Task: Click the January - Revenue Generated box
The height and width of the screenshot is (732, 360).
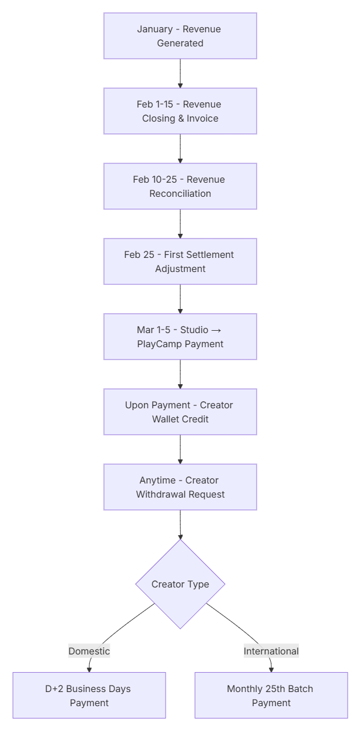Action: click(x=180, y=36)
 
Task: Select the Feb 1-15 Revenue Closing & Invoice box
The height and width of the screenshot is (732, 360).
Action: click(x=180, y=111)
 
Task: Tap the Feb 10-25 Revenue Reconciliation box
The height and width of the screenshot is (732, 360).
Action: click(x=180, y=186)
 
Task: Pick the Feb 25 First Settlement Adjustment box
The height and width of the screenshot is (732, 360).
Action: click(x=180, y=261)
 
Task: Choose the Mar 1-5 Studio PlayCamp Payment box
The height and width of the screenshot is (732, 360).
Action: click(x=180, y=337)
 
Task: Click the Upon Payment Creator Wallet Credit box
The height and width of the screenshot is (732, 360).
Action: click(x=180, y=412)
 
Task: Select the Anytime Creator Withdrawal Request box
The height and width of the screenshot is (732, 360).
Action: click(x=180, y=487)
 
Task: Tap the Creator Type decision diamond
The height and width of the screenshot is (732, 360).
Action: click(x=180, y=584)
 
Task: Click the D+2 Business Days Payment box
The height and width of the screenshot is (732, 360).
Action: click(x=89, y=696)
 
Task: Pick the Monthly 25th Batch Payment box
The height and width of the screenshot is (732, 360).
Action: click(x=271, y=696)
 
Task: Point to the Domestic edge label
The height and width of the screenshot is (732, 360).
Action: click(x=89, y=651)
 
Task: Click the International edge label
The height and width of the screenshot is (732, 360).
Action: click(x=271, y=651)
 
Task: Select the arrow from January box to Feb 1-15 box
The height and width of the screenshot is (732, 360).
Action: click(x=180, y=73)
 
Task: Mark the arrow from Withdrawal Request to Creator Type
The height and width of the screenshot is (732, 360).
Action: click(x=180, y=525)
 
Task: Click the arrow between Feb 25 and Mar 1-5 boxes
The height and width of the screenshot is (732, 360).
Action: click(x=180, y=299)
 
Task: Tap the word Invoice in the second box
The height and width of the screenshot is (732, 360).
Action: click(x=203, y=118)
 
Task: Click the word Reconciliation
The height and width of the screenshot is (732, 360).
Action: click(x=180, y=193)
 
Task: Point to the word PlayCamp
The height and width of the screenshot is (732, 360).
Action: click(x=157, y=344)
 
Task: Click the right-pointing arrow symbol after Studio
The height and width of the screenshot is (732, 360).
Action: click(x=216, y=330)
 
